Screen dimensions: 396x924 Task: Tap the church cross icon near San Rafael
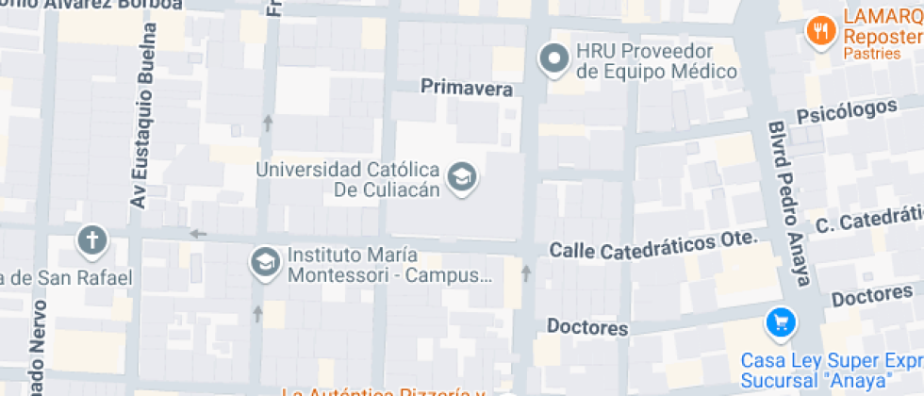coord(93,239)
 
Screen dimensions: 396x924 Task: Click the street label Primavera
coord(467,90)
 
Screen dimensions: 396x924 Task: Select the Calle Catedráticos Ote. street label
coord(653,245)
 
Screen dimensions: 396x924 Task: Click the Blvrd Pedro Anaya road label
coord(788,202)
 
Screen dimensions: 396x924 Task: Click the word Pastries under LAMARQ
coord(872,55)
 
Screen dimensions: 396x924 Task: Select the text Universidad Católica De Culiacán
coord(349,180)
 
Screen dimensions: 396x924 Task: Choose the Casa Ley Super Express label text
coord(830,371)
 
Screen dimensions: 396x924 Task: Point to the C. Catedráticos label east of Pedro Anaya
coord(867,222)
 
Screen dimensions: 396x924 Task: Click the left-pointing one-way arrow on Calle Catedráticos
coord(198,234)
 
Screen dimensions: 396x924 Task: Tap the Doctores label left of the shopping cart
coord(587,328)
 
